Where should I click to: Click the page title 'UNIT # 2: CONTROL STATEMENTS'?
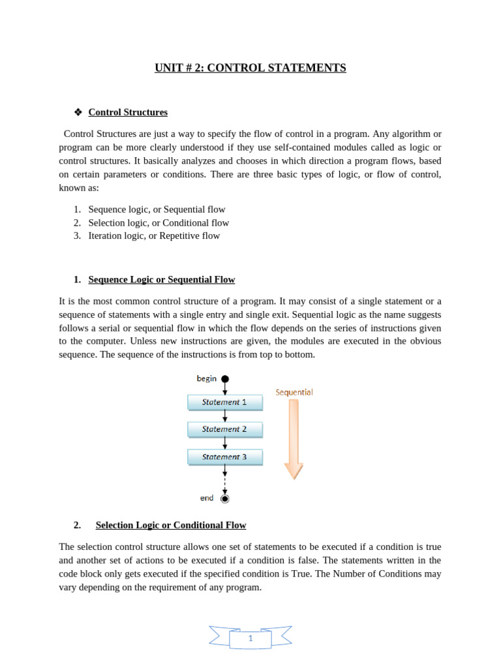point(250,68)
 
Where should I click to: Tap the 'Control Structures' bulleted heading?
point(128,112)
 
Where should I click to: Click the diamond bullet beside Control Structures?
point(78,112)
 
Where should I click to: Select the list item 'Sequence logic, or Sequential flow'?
point(157,209)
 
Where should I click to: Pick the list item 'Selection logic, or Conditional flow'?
point(159,222)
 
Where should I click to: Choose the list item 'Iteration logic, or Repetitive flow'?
point(154,235)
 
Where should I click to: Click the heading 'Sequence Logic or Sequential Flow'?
point(161,280)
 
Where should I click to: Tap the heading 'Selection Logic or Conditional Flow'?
point(170,525)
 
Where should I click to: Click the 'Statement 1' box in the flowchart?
point(224,402)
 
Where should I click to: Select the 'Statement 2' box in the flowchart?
point(224,429)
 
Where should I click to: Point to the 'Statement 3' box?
point(224,457)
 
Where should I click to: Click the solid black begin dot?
point(225,378)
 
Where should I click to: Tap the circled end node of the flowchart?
point(225,498)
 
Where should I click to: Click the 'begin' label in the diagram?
point(207,378)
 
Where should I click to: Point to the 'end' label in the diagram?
point(207,498)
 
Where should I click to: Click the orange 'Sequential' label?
point(294,392)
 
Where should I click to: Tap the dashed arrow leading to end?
point(225,480)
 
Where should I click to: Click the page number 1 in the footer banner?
point(250,639)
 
